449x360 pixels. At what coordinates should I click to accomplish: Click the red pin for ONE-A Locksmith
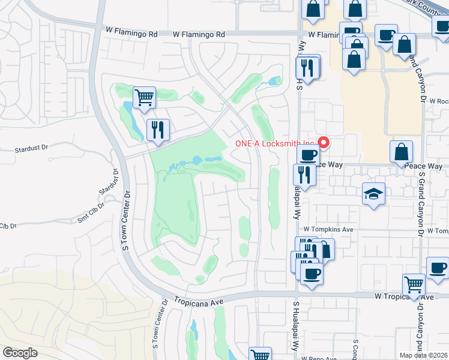324,143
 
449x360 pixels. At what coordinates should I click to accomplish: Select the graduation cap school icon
373,194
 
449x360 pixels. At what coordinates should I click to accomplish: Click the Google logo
19,353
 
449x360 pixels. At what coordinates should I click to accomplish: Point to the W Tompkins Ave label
328,230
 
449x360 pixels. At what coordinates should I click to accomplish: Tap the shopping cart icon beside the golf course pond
144,97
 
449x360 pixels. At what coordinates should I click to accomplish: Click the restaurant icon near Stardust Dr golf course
158,130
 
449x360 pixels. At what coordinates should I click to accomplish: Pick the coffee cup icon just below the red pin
309,155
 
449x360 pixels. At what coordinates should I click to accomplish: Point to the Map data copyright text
424,355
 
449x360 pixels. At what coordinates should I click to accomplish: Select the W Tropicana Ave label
403,297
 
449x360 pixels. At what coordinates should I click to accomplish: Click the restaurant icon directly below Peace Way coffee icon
304,175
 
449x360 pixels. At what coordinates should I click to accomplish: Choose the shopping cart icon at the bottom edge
260,355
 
